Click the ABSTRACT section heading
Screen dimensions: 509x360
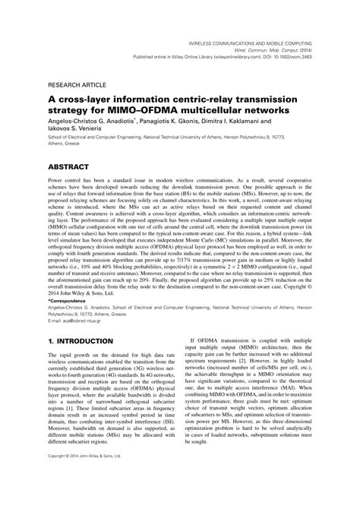[71, 164]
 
